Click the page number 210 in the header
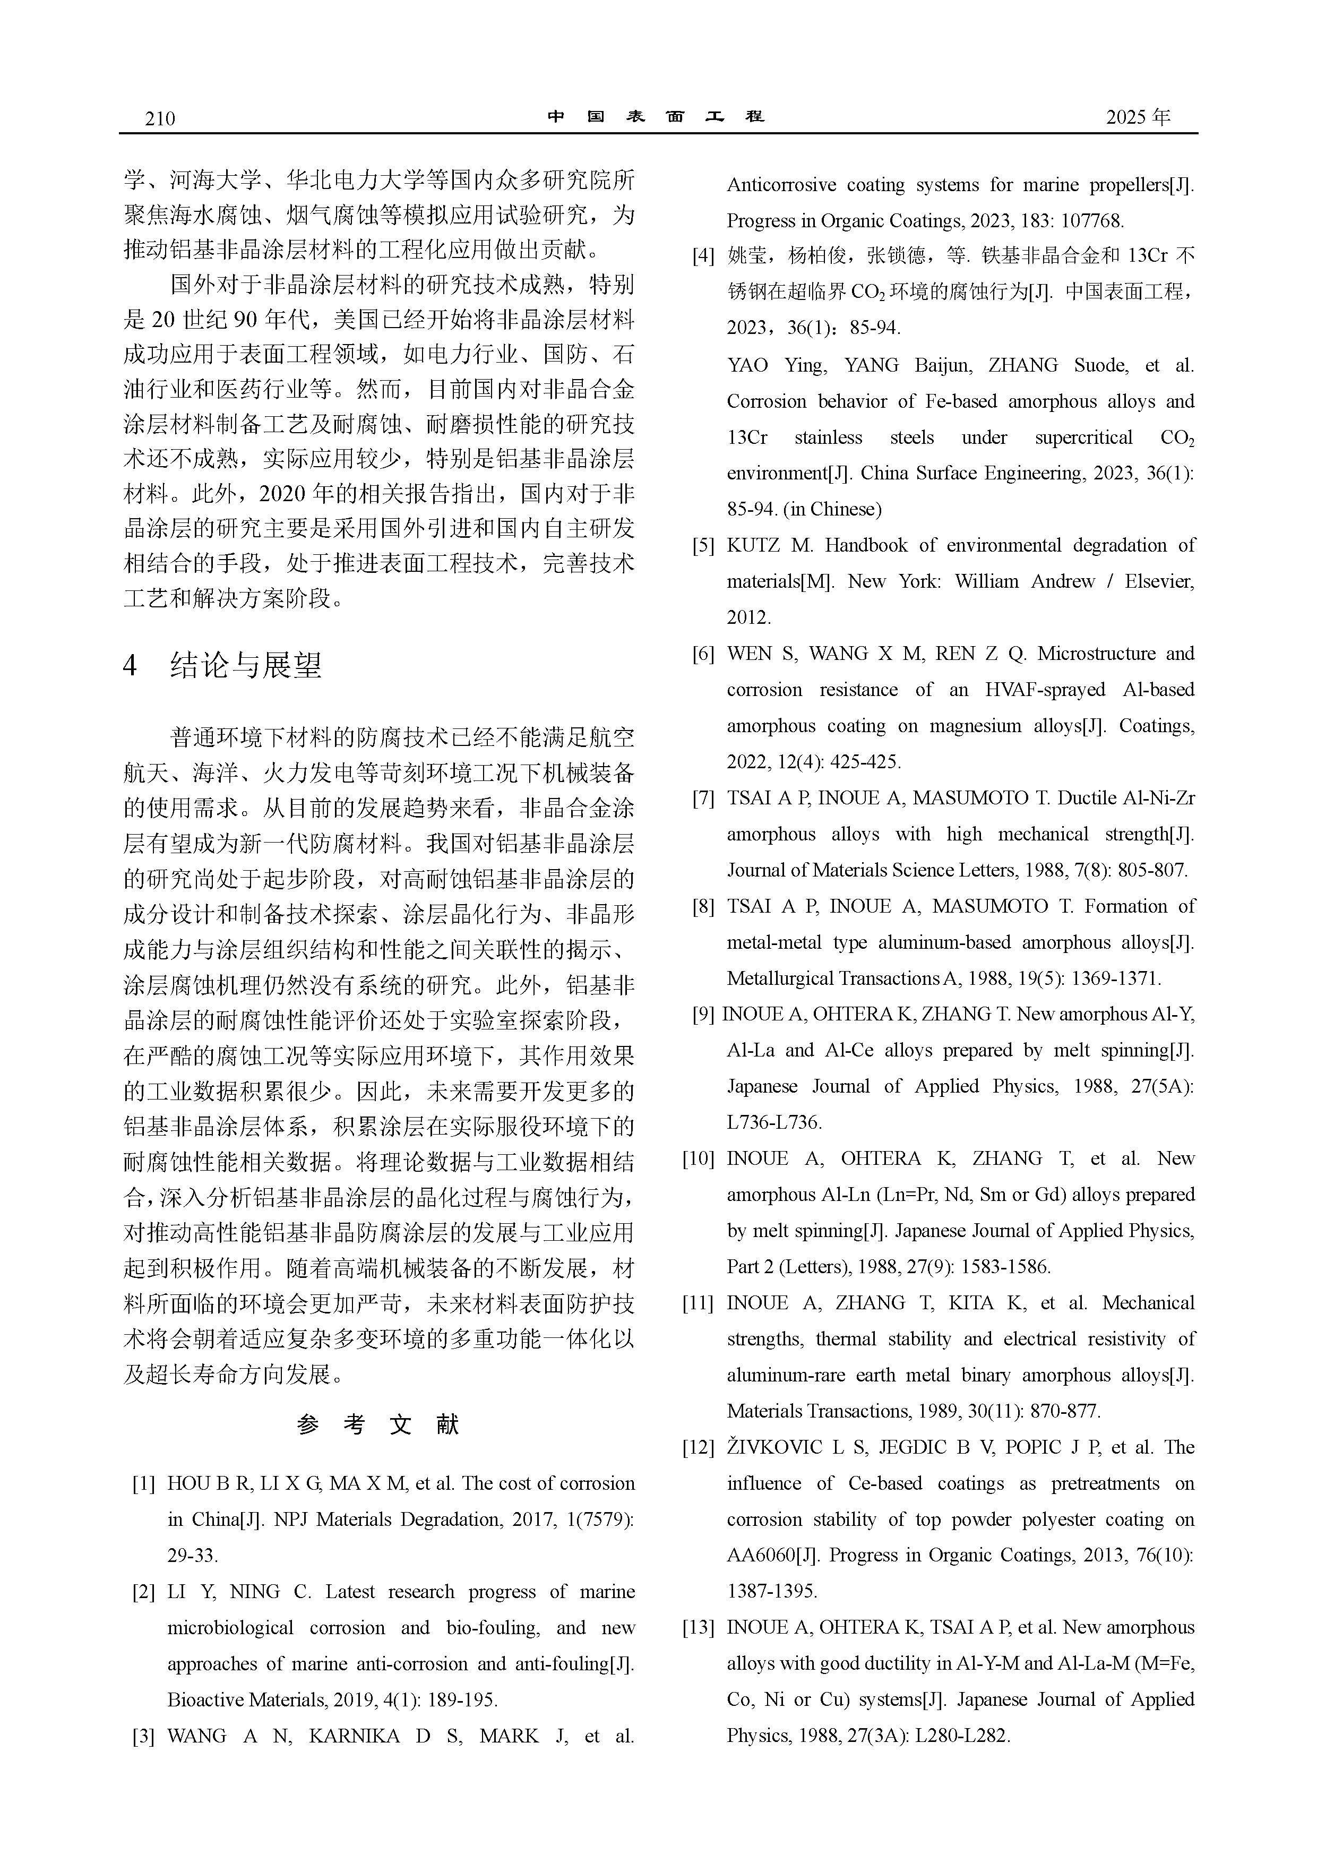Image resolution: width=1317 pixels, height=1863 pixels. [x=160, y=118]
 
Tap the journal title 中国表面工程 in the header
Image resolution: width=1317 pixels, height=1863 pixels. [x=656, y=116]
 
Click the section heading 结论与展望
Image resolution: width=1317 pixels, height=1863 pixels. [x=245, y=665]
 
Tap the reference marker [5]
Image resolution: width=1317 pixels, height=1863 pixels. [x=703, y=545]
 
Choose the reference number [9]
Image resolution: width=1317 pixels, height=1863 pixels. [x=703, y=1014]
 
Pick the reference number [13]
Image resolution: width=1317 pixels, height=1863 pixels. [x=698, y=1627]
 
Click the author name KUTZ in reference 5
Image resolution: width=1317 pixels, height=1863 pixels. [x=752, y=545]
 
